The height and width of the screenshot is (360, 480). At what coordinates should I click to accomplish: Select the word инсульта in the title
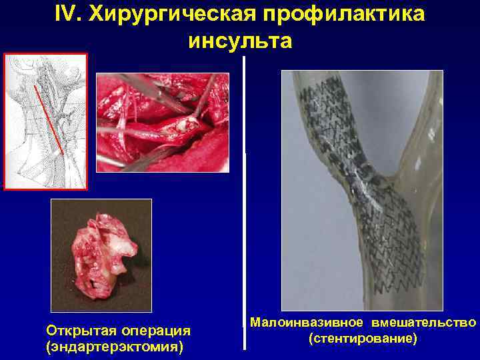(x=241, y=41)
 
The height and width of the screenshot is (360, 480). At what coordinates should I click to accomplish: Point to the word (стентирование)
(x=363, y=339)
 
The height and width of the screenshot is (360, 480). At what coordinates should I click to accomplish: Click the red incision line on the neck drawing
(x=50, y=113)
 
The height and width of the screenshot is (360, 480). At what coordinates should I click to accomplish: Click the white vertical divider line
(x=245, y=200)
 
